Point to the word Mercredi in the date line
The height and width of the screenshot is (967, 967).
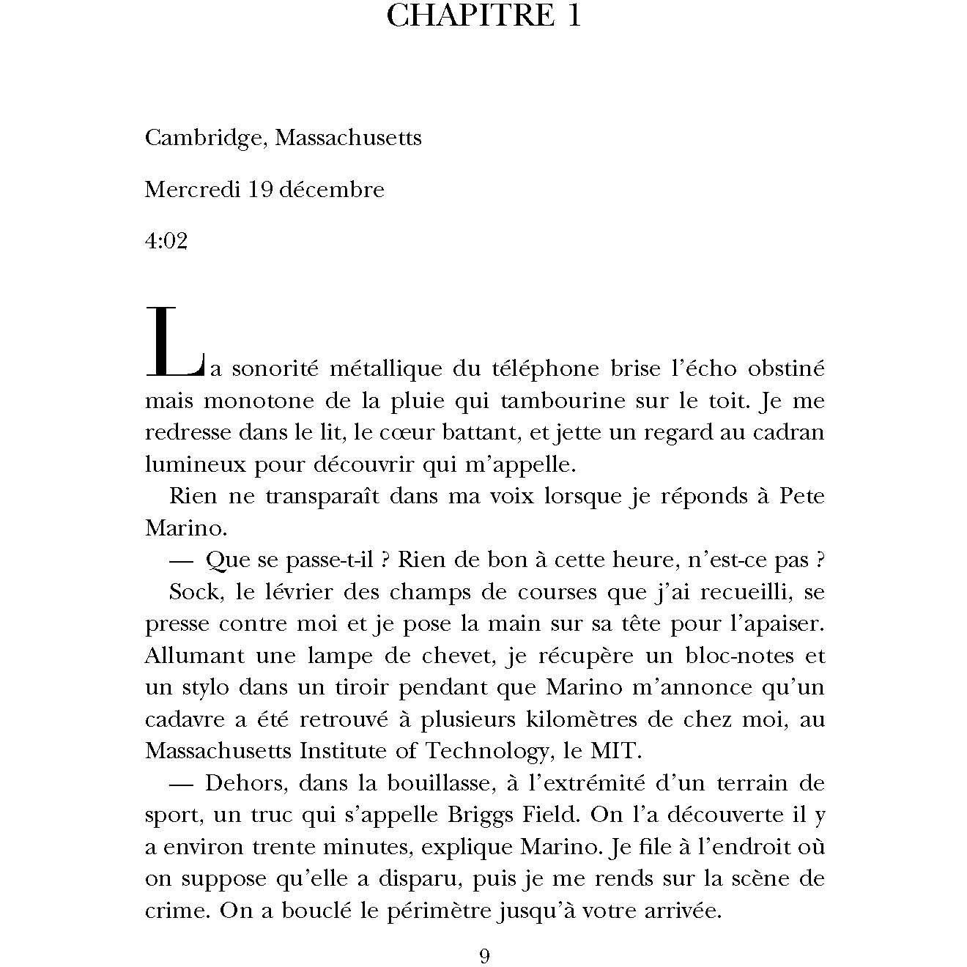click(193, 190)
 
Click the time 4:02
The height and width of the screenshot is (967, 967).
click(166, 242)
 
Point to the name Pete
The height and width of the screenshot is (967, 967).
click(801, 496)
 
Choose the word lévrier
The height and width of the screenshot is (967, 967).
click(268, 591)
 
